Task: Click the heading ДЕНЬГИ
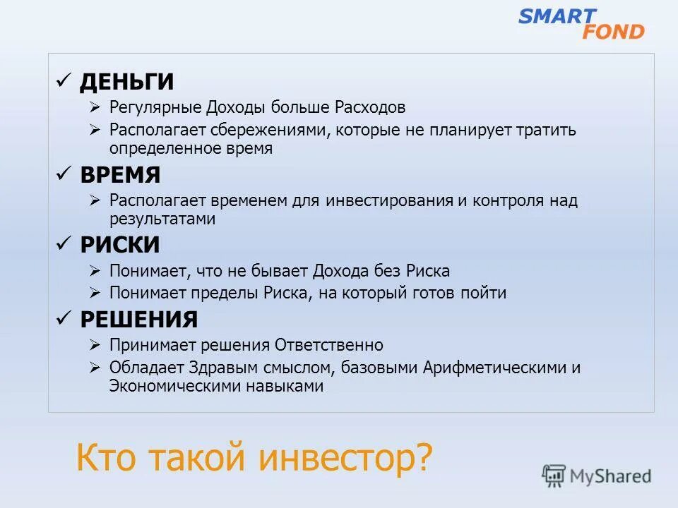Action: tap(126, 82)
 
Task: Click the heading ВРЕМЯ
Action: tap(120, 174)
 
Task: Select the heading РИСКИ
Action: tap(119, 245)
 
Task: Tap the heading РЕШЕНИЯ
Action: tap(138, 320)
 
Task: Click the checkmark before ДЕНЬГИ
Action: tap(64, 81)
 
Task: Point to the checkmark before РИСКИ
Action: tap(64, 244)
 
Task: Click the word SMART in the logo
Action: tap(557, 16)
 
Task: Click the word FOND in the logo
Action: tap(613, 32)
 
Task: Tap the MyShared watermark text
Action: tap(610, 476)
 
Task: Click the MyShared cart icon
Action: tap(554, 476)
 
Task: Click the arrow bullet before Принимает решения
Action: tap(96, 345)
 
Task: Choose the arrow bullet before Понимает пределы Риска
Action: tap(96, 293)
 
